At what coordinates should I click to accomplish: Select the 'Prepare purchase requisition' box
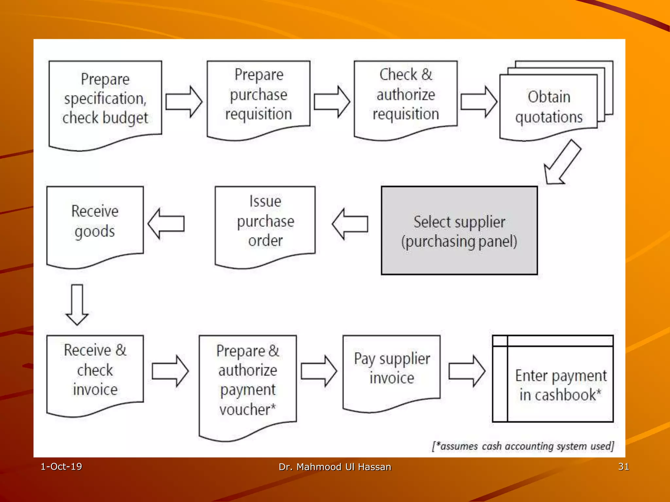click(258, 95)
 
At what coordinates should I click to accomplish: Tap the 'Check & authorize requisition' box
click(406, 95)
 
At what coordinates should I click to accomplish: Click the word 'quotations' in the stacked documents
click(549, 117)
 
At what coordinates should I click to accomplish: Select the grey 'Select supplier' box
click(459, 231)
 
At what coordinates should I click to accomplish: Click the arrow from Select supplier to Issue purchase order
click(350, 224)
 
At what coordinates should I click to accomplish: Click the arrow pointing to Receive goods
click(166, 224)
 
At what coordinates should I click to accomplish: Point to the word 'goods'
click(95, 232)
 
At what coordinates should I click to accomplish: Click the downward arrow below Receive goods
click(77, 304)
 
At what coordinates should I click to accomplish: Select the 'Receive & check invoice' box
click(95, 370)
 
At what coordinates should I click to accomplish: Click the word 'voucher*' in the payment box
click(248, 410)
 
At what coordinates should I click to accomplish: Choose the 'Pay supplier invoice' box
click(392, 369)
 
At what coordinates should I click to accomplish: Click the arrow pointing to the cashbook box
click(467, 371)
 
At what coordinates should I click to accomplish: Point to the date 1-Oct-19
click(61, 466)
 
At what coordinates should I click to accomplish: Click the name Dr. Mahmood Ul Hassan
click(335, 467)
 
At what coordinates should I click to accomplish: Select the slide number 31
click(623, 466)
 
